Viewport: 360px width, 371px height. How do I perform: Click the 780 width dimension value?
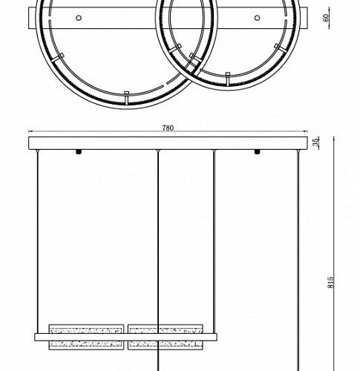168,128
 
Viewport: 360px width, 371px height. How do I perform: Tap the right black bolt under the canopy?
258,153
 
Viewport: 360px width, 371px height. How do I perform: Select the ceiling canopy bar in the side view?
167,143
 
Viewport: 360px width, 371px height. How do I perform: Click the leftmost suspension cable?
39,237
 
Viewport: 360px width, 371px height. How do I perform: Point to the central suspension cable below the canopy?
158,237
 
